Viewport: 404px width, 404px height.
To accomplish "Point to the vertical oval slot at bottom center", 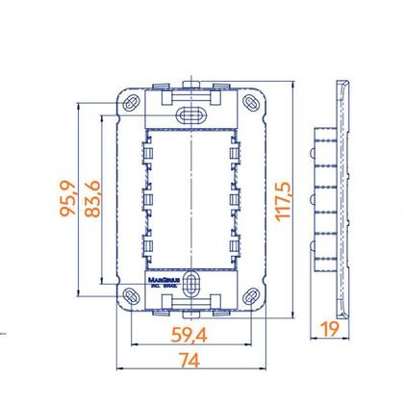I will click(x=191, y=286).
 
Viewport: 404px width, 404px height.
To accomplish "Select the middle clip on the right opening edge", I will click(x=236, y=200).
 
